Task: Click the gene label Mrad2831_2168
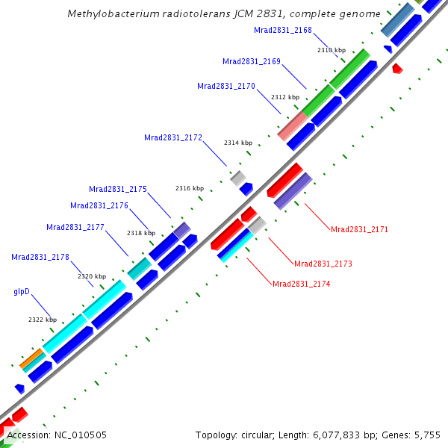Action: (x=283, y=31)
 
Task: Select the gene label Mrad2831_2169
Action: (x=252, y=61)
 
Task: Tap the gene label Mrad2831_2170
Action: (x=226, y=86)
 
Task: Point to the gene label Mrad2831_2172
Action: (x=173, y=137)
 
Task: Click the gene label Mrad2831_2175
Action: (x=118, y=189)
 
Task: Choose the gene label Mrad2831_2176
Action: (x=99, y=205)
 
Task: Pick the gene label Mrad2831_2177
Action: (x=75, y=227)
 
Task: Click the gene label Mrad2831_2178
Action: (x=40, y=257)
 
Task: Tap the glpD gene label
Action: (x=22, y=291)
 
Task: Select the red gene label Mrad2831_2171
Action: (x=360, y=229)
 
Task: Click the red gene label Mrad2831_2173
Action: (x=323, y=264)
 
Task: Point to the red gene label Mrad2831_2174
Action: (x=302, y=284)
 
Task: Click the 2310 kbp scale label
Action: (x=332, y=50)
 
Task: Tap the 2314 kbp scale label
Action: (x=238, y=142)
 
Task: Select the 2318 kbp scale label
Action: (x=141, y=233)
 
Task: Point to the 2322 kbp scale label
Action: (x=43, y=320)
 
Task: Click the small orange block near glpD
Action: (x=31, y=358)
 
